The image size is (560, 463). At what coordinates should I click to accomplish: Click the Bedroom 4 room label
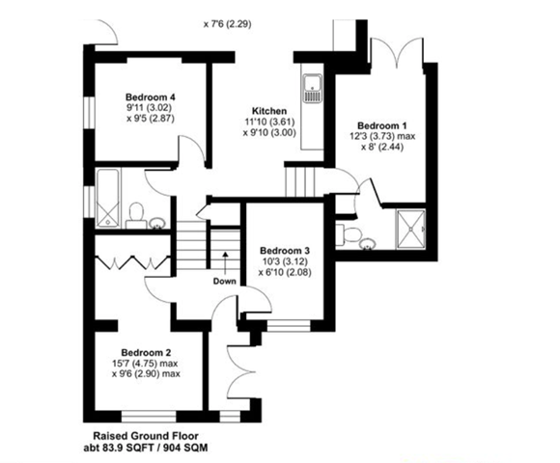tap(151, 97)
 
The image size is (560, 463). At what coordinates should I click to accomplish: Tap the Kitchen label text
tap(269, 111)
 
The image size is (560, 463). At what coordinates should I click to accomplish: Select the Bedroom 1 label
tap(382, 125)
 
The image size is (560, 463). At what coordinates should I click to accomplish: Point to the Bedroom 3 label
tap(285, 251)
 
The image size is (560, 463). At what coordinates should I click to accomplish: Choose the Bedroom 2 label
tap(146, 353)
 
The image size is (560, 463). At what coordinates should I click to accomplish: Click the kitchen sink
tap(313, 88)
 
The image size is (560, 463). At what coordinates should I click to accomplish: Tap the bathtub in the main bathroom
tap(107, 199)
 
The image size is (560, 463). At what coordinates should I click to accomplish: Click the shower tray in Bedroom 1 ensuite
tap(410, 229)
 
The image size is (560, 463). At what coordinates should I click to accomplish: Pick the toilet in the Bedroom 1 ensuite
tap(349, 235)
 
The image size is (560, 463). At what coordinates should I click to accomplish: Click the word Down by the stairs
tap(225, 281)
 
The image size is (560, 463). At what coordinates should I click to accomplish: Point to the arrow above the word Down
tap(225, 263)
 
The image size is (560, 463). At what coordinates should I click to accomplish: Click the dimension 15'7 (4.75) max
tap(146, 364)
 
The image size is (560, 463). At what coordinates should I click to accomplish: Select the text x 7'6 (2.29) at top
tap(228, 24)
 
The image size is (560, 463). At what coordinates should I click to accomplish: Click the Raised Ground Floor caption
tap(146, 436)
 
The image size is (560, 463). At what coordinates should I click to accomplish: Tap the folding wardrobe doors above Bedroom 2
tap(132, 262)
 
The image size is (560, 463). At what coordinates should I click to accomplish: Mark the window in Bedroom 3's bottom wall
tap(289, 325)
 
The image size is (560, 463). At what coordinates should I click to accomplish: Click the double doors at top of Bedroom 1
tap(397, 52)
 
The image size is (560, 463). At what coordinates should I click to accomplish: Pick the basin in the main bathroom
tap(156, 223)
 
